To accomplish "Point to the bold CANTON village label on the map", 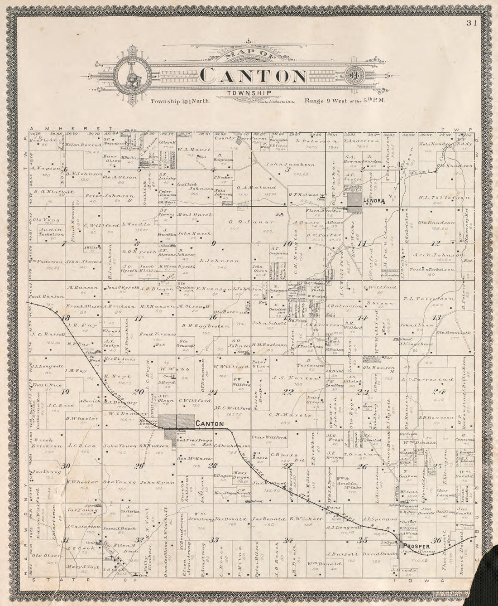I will [210, 424].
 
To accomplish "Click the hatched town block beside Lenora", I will [354, 203].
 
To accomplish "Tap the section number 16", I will [213, 316].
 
